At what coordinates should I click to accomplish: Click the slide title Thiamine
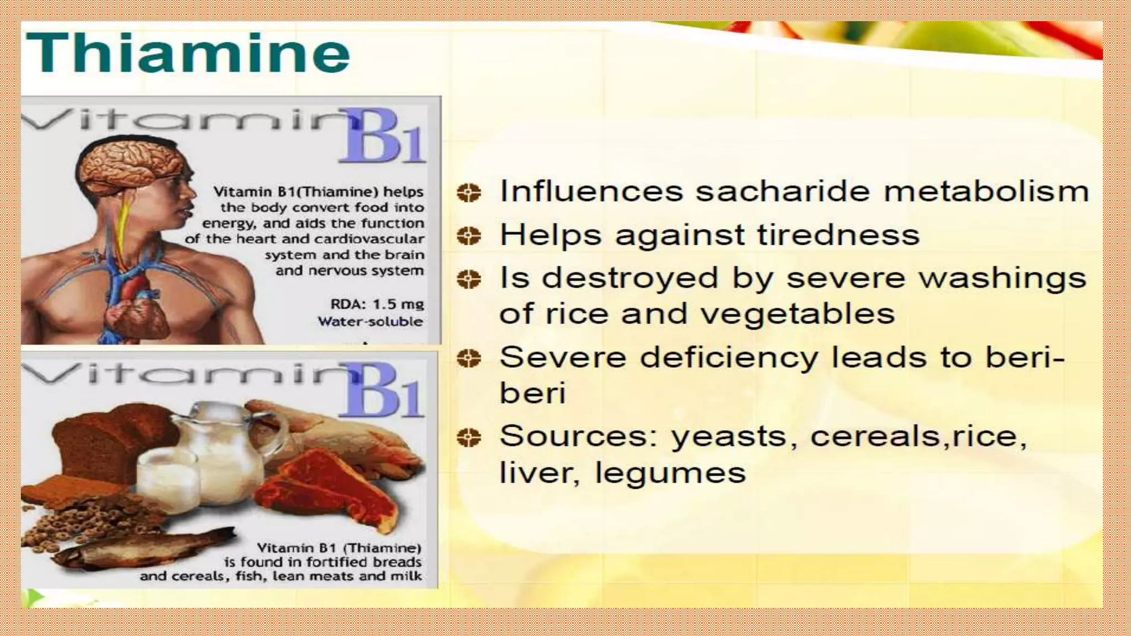(x=188, y=54)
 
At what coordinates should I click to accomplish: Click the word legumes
(x=670, y=473)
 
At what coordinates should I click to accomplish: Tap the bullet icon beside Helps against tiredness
(x=469, y=236)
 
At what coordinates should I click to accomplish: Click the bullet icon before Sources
(x=469, y=438)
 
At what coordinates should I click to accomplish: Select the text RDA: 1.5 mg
(x=377, y=304)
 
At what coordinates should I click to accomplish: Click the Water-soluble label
(x=370, y=321)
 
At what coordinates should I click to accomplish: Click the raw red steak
(x=331, y=486)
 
